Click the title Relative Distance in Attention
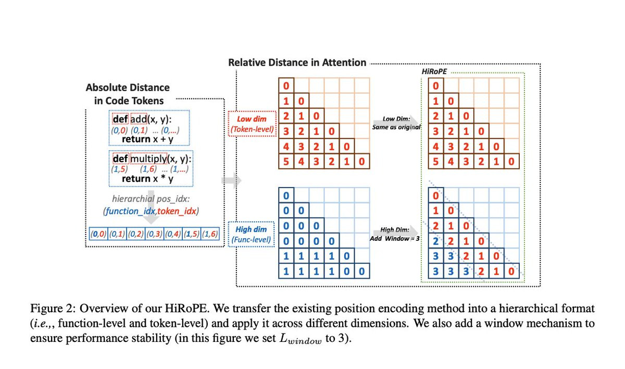297,63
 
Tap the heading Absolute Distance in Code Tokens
128,94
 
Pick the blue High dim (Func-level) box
252,234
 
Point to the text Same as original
396,127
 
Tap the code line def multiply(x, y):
152,158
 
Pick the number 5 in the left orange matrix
286,162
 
